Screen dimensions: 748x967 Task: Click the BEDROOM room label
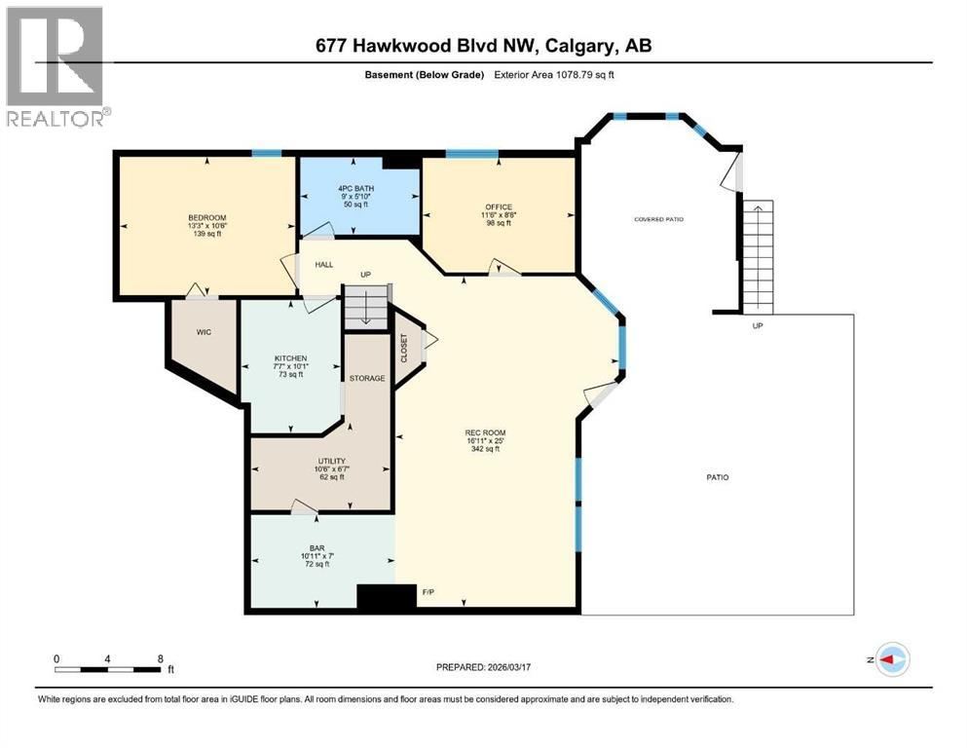click(x=206, y=217)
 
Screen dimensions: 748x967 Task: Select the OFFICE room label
click(x=498, y=206)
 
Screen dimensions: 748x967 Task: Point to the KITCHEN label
click(x=290, y=358)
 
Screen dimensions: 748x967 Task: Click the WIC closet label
click(x=204, y=332)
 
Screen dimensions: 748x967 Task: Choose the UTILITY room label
click(x=331, y=461)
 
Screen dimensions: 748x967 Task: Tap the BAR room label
click(x=316, y=548)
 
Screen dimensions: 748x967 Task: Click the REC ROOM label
click(x=485, y=432)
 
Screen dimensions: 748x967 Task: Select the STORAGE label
click(x=367, y=378)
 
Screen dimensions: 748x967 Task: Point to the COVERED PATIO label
click(x=658, y=219)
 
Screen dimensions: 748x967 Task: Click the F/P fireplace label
click(x=428, y=591)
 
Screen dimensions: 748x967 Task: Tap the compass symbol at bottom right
click(x=892, y=659)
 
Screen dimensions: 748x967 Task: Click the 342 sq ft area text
click(x=485, y=449)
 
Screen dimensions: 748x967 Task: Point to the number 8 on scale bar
click(x=160, y=658)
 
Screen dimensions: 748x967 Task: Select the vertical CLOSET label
click(x=404, y=348)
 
